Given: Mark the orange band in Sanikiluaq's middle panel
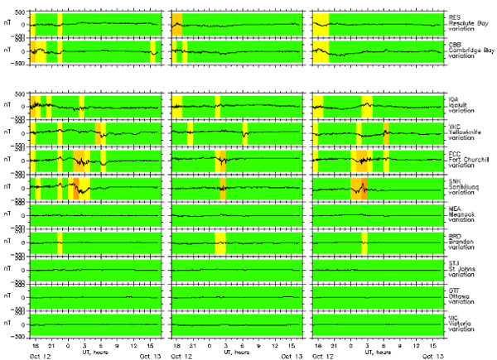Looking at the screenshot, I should pos(224,188).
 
